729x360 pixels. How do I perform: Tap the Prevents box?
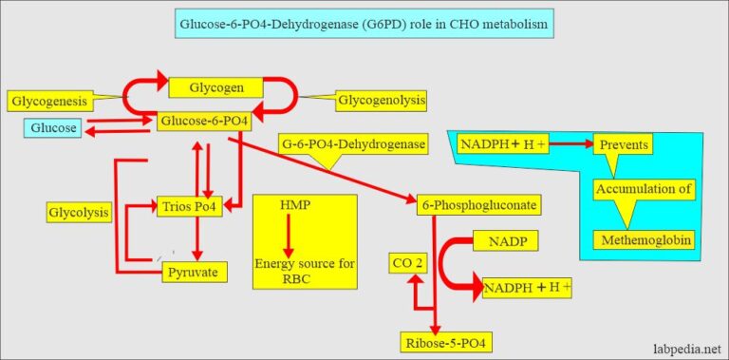point(623,145)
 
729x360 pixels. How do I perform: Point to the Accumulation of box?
point(643,188)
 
